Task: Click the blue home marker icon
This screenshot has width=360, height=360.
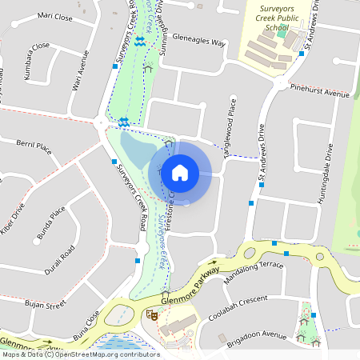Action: coord(180,172)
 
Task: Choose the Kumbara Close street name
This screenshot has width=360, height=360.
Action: coord(36,60)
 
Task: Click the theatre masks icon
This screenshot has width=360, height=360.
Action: coord(150,316)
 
